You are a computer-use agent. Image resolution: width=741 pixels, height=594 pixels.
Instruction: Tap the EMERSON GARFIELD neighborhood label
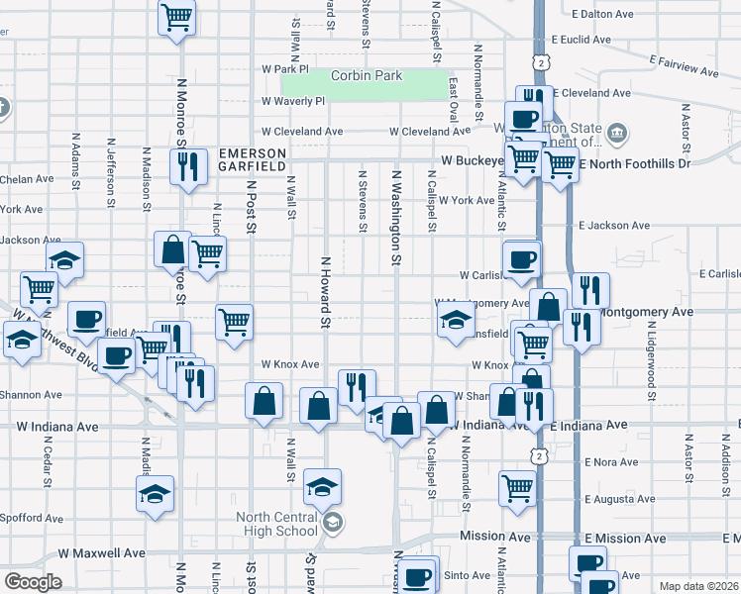[x=252, y=160]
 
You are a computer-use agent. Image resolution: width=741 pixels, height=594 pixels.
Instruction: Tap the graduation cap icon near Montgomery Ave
[x=456, y=321]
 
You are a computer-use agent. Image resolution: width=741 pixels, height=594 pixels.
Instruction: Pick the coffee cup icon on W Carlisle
[x=522, y=259]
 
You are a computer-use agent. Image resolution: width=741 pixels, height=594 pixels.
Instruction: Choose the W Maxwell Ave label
[x=102, y=553]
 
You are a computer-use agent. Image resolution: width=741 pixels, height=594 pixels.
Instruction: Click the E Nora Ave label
[x=610, y=462]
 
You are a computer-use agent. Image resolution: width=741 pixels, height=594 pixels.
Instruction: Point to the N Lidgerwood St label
[x=651, y=372]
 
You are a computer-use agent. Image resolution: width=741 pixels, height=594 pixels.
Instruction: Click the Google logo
[x=33, y=582]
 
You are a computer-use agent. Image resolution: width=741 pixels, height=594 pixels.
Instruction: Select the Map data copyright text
[x=698, y=586]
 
